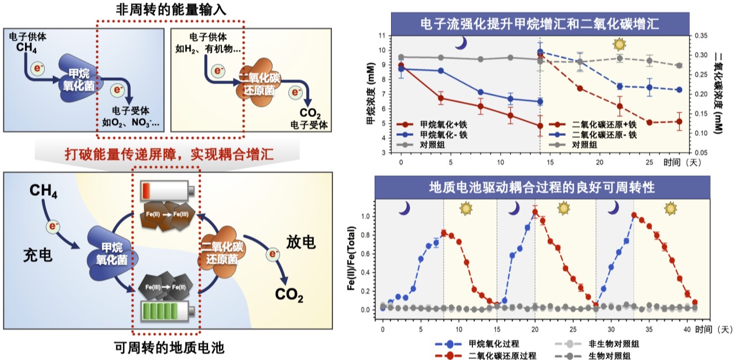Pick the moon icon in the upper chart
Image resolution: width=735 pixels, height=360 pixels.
[460, 43]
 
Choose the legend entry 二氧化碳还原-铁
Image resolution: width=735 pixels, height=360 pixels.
[604, 134]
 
